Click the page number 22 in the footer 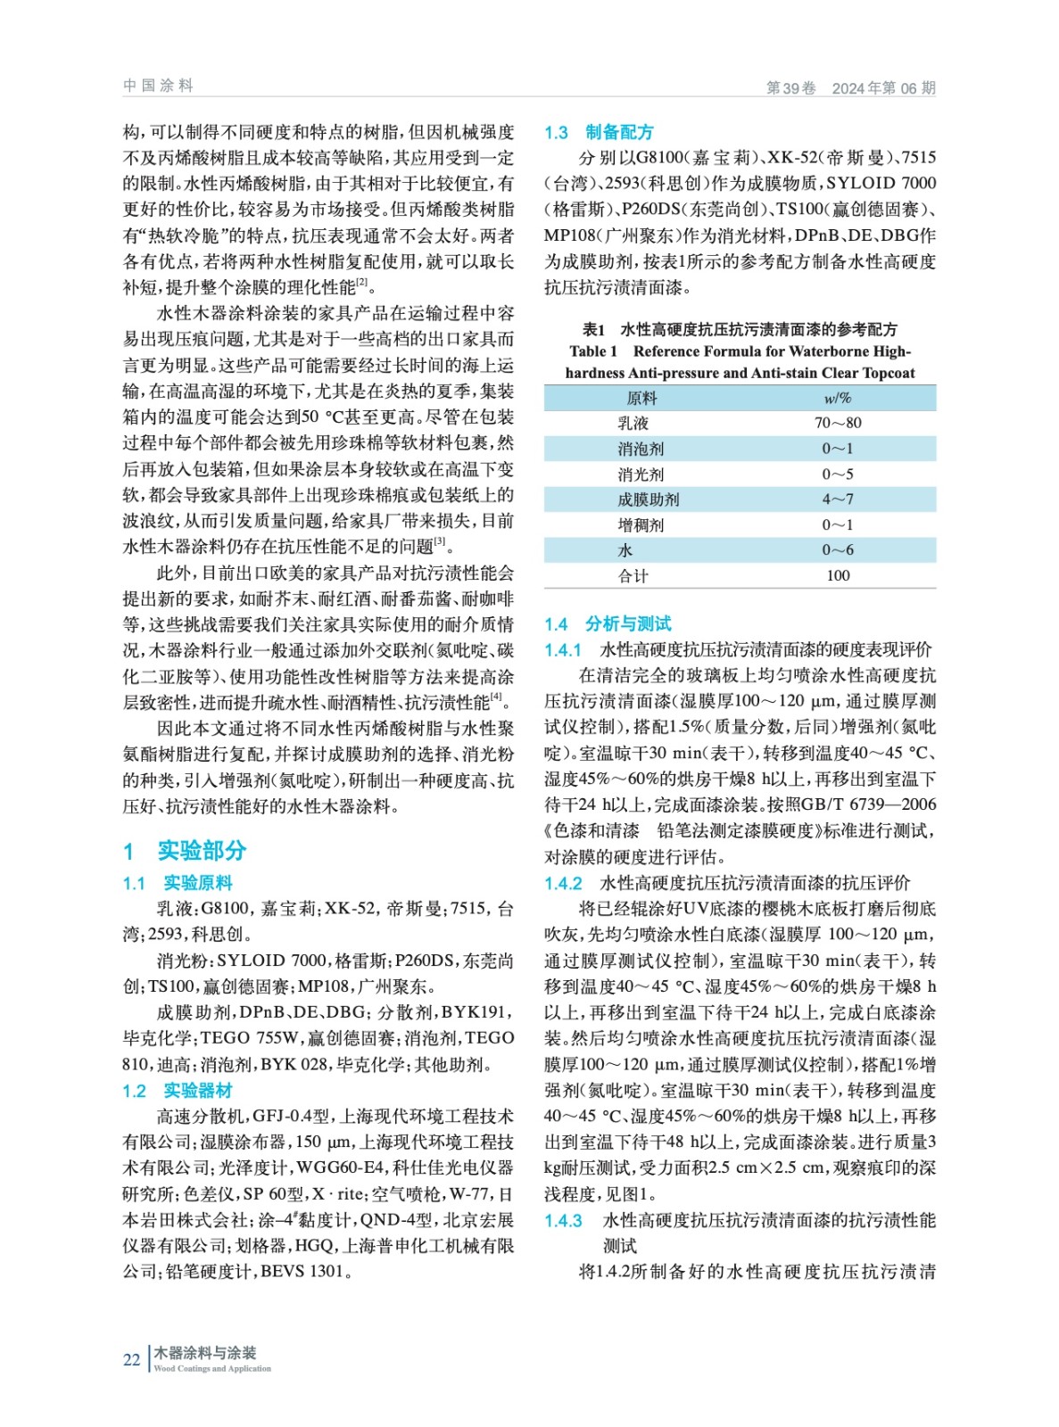click(x=131, y=1359)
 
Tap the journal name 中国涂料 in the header click(x=159, y=86)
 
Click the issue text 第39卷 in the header click(x=791, y=87)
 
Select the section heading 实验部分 click(x=202, y=850)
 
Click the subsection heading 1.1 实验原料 click(x=178, y=883)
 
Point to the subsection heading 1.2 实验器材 click(x=178, y=1091)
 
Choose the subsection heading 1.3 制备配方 click(x=599, y=132)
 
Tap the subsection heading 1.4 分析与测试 click(x=608, y=623)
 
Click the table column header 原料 click(x=641, y=398)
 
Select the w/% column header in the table click(x=837, y=398)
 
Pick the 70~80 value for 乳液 click(x=838, y=423)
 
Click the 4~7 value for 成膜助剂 click(x=838, y=499)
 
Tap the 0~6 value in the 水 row click(x=838, y=550)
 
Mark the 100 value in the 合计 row click(x=838, y=575)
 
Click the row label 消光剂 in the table click(x=641, y=474)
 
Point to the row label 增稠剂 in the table click(x=641, y=525)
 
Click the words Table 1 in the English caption click(x=593, y=351)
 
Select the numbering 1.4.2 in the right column click(x=563, y=883)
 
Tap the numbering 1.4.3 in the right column click(x=563, y=1220)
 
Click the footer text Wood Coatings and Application click(x=212, y=1368)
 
